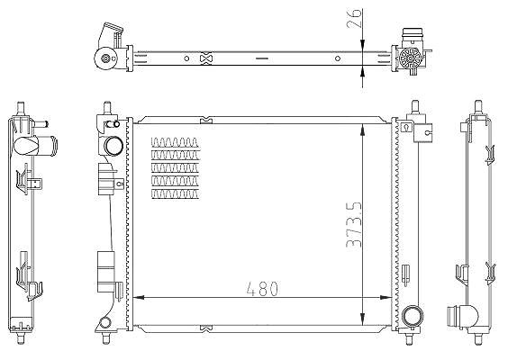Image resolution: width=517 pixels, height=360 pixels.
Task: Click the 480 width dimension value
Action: coord(262,289)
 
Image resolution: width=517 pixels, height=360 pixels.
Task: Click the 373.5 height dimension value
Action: coord(354,225)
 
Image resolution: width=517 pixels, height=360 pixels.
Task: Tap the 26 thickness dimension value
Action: coord(355,18)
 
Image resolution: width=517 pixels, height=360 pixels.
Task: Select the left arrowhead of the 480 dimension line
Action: coord(139,297)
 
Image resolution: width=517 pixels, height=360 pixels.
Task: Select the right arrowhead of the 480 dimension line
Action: coord(385,297)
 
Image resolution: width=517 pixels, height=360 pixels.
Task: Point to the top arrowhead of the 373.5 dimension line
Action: coord(363,130)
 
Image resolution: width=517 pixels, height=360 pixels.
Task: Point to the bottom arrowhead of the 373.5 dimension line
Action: coord(363,319)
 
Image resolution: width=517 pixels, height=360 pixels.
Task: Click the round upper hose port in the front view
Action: coord(113,146)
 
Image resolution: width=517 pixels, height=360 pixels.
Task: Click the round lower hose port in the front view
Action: coord(412,316)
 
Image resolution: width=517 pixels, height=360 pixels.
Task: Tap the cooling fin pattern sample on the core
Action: coord(176,168)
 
